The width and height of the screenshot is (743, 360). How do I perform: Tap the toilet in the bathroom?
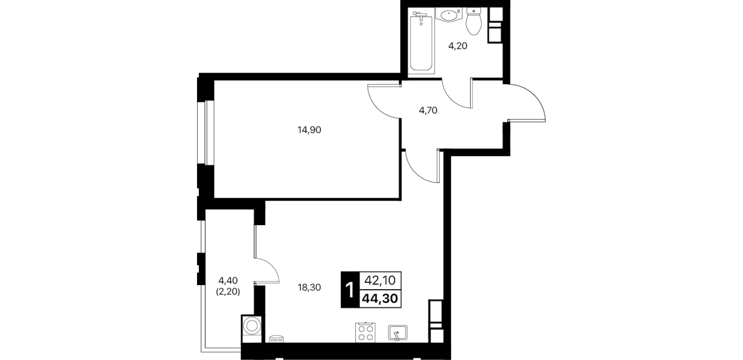click(x=473, y=22)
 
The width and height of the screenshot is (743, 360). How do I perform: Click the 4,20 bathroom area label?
click(x=458, y=46)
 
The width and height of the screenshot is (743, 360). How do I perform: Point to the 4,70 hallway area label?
click(x=428, y=110)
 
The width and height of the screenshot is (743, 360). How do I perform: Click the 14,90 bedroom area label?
click(x=309, y=130)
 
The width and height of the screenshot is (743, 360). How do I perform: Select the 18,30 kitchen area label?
click(x=309, y=287)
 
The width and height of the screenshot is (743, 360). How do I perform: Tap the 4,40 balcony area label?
click(x=228, y=281)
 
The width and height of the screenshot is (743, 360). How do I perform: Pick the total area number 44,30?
click(x=380, y=299)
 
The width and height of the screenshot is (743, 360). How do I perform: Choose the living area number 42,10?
click(x=380, y=281)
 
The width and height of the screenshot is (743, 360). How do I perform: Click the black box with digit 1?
click(x=350, y=290)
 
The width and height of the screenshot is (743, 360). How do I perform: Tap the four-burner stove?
click(x=365, y=332)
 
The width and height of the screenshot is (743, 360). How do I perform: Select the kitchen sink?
click(x=397, y=333)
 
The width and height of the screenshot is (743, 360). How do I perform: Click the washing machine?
click(x=251, y=329)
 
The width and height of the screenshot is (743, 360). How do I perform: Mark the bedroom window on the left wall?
click(x=206, y=133)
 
